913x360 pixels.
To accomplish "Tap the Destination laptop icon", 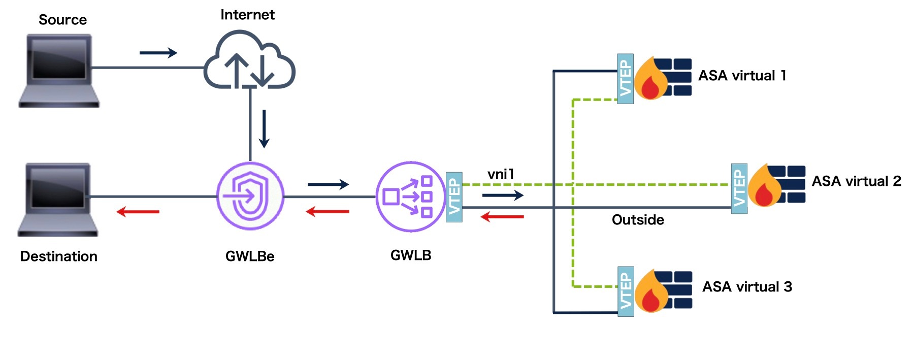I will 58,199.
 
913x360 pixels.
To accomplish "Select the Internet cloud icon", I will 249,61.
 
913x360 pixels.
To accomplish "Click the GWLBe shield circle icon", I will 250,196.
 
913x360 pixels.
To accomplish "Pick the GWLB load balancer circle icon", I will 410,197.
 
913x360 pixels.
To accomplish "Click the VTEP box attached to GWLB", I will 454,197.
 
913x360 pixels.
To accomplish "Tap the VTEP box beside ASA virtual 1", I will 626,79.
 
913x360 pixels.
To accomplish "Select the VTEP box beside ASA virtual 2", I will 739,188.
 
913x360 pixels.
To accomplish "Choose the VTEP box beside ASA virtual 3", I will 626,291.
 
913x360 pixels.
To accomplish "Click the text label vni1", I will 501,174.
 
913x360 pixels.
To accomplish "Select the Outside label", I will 638,220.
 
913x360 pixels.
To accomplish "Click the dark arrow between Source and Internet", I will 158,52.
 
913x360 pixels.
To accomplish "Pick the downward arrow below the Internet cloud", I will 264,128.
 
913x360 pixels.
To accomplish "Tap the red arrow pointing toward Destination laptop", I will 138,211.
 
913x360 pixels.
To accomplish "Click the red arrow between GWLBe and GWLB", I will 328,211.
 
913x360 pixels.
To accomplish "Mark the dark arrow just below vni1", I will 503,195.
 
